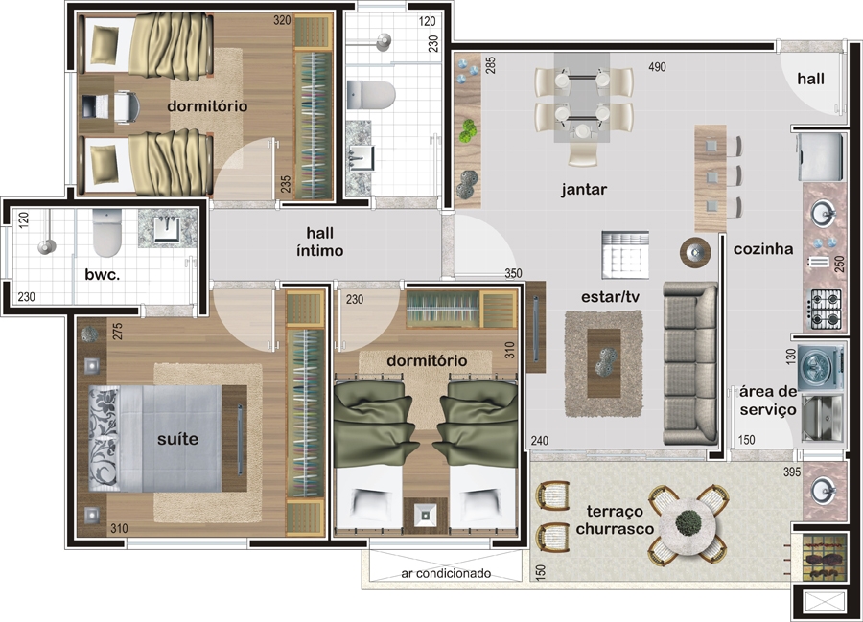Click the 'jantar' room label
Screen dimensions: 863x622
584,190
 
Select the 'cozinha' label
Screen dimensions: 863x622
763,249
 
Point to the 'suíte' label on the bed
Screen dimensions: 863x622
177,439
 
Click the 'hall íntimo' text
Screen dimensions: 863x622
319,242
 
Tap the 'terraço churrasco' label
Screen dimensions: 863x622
615,519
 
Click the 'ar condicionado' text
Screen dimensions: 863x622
446,574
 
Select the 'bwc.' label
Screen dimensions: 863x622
103,274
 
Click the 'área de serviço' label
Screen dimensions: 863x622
768,401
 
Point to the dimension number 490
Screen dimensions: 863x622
657,67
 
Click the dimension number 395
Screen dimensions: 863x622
791,472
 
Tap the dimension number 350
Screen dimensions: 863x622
513,273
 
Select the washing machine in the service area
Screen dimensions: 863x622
821,366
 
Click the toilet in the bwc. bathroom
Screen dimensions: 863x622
106,233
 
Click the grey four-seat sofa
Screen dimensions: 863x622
690,363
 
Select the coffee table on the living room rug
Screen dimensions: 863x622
604,363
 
